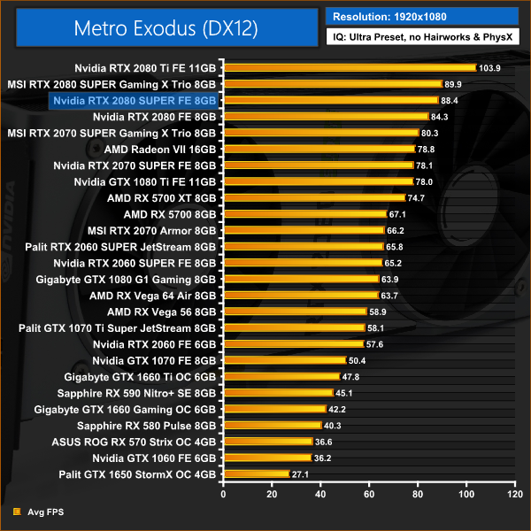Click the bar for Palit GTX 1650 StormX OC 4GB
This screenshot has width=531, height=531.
[x=257, y=474]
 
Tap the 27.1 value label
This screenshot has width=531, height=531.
[x=302, y=474]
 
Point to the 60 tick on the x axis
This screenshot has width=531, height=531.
[x=368, y=494]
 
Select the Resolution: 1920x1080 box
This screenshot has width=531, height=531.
[x=421, y=15]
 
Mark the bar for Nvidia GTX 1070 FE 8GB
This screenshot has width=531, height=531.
[x=285, y=360]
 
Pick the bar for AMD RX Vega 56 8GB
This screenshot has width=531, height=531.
[x=296, y=312]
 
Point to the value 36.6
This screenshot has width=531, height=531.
[x=324, y=442]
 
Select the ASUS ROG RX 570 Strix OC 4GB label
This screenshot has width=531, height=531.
[x=140, y=442]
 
